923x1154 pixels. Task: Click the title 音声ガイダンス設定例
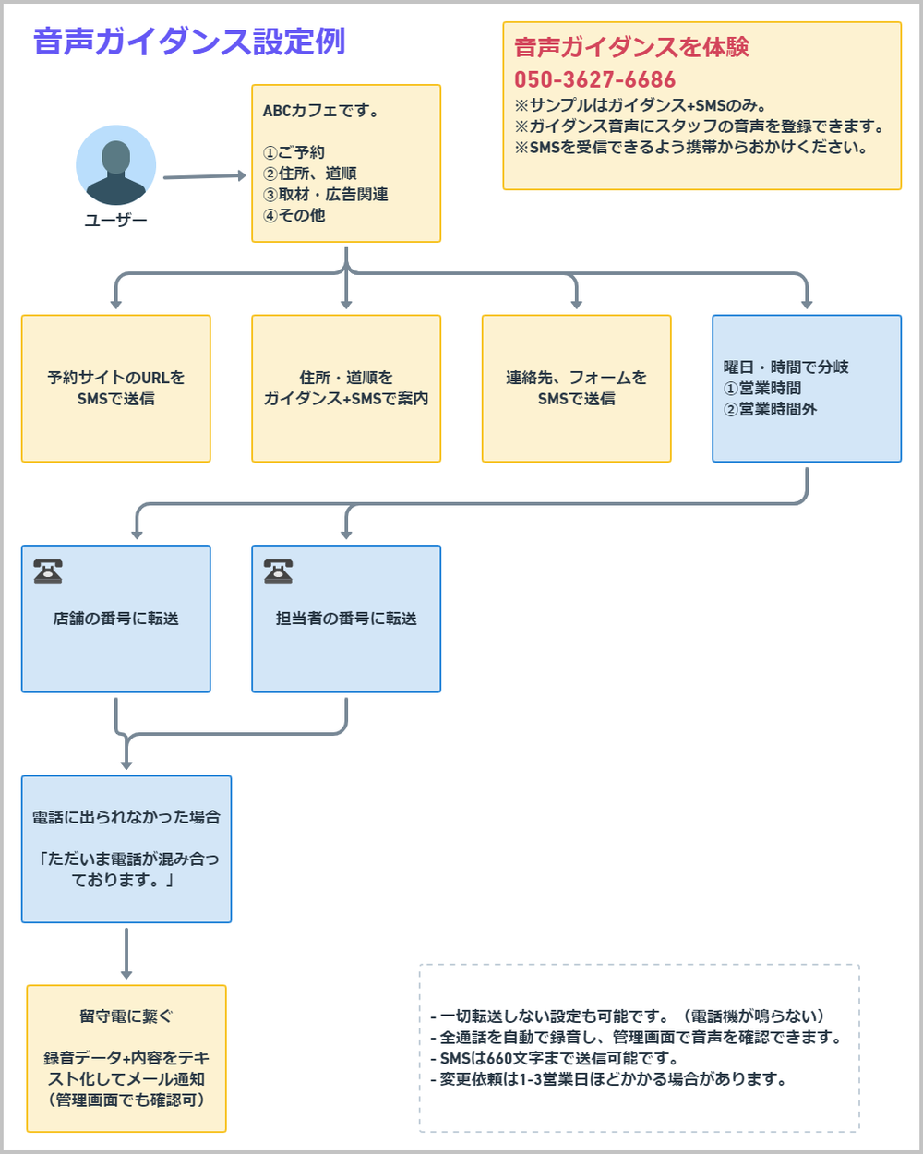(x=189, y=42)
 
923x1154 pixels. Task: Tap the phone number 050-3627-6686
(x=594, y=80)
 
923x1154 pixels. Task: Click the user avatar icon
(x=115, y=165)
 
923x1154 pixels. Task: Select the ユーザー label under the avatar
(x=115, y=220)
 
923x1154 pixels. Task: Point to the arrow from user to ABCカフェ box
(x=204, y=176)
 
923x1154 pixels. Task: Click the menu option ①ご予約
(x=294, y=152)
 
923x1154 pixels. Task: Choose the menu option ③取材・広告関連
(x=326, y=195)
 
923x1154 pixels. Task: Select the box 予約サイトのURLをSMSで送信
(x=116, y=389)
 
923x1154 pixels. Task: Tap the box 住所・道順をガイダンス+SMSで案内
(x=346, y=389)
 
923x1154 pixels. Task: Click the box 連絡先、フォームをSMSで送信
(x=576, y=389)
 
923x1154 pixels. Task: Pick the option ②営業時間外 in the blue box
(x=771, y=409)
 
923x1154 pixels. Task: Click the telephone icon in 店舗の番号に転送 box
(x=48, y=571)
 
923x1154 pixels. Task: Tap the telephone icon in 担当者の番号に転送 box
(x=278, y=571)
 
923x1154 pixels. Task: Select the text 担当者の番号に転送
(x=346, y=619)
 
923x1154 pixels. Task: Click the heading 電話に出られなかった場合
(x=126, y=817)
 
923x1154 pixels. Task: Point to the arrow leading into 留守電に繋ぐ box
(x=126, y=953)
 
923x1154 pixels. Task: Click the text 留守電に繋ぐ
(x=126, y=1016)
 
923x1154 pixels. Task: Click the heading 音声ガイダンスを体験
(x=631, y=47)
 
